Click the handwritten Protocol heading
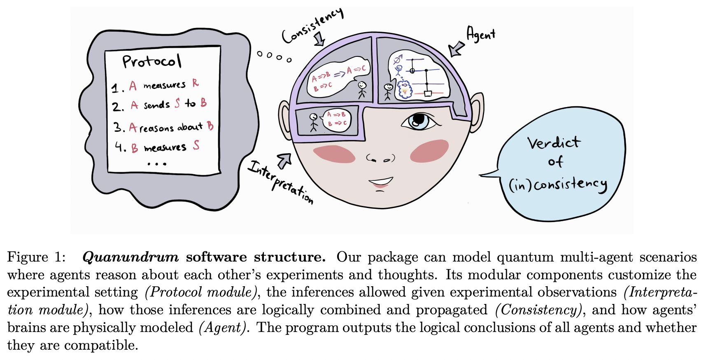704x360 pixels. point(152,61)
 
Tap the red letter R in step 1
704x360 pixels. point(196,83)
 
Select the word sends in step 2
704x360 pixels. point(156,105)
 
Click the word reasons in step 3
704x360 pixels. point(156,128)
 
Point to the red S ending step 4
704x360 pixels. point(196,145)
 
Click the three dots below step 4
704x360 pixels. point(157,164)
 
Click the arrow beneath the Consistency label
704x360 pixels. point(319,40)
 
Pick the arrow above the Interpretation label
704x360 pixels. point(284,160)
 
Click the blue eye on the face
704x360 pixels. point(417,121)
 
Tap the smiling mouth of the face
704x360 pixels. point(380,182)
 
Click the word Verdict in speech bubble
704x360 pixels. point(554,143)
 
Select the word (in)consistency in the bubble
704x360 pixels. point(558,185)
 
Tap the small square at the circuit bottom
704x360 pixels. point(428,94)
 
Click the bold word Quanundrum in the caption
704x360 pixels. point(131,257)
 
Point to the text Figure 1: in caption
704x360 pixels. point(36,257)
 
